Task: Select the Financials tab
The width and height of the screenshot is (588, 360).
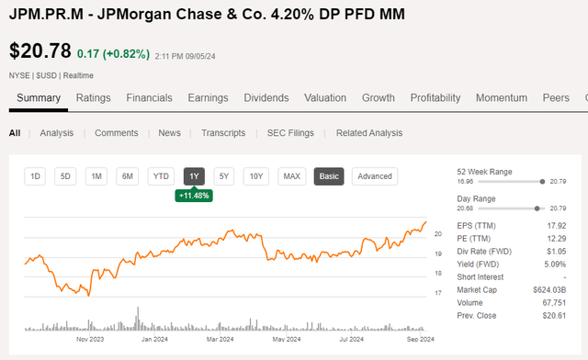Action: click(x=149, y=98)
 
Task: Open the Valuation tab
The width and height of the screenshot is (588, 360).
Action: click(x=325, y=98)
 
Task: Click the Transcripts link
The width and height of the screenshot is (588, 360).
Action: click(x=223, y=133)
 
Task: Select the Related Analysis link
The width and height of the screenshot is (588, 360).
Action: click(x=368, y=133)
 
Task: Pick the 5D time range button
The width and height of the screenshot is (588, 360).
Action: click(x=65, y=176)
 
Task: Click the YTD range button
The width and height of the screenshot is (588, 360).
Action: click(x=161, y=176)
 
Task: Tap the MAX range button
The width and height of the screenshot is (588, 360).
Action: click(x=292, y=176)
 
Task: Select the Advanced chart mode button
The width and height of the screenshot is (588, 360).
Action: click(x=374, y=176)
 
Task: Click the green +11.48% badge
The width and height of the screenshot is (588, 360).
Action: click(x=193, y=196)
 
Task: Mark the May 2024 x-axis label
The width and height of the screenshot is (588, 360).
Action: click(x=288, y=339)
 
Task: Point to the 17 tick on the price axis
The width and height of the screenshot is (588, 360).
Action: click(x=438, y=293)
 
